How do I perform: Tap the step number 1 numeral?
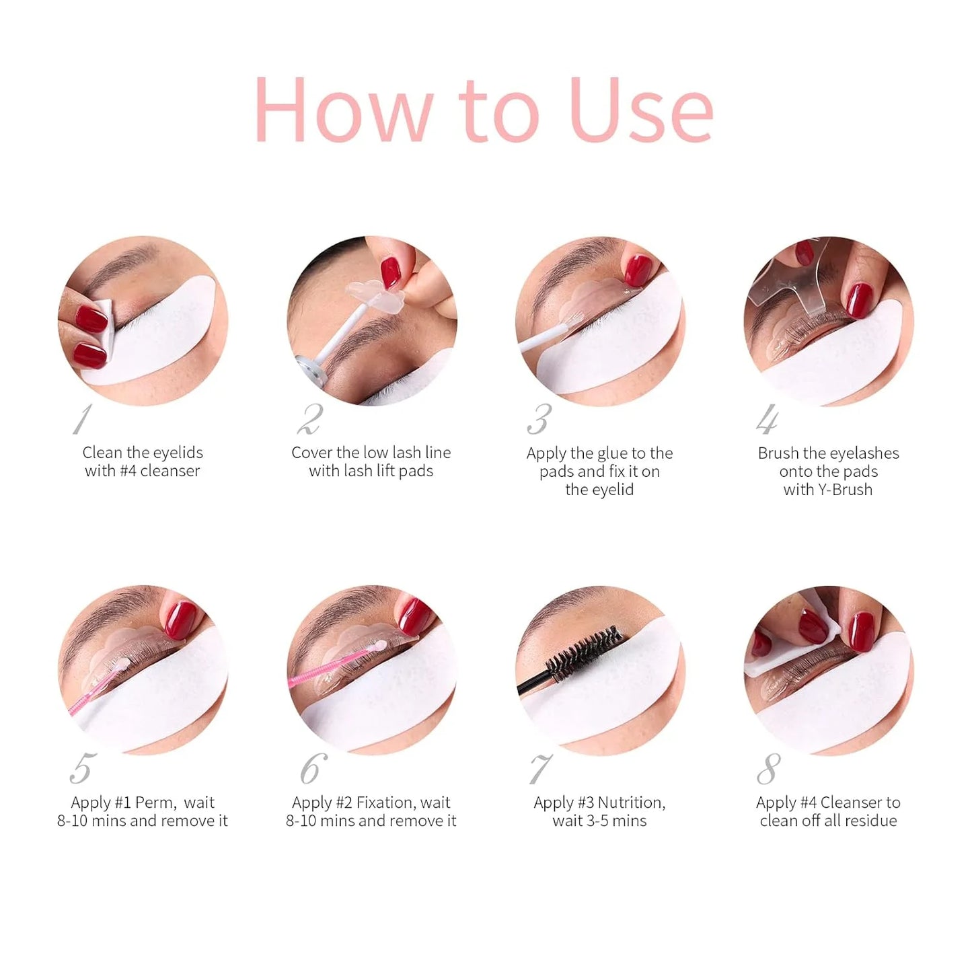[x=82, y=420]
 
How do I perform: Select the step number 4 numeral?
[x=767, y=420]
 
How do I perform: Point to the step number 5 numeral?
[x=81, y=768]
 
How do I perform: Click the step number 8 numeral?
[x=769, y=768]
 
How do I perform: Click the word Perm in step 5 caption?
[x=155, y=802]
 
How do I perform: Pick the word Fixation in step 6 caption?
[x=385, y=802]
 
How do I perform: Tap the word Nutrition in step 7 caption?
[x=631, y=802]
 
